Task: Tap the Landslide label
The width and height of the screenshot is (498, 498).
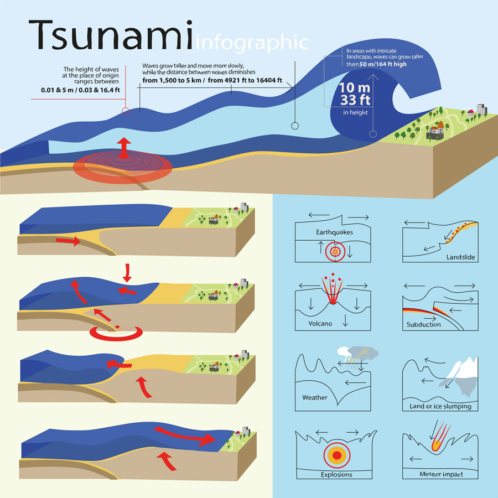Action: point(461,258)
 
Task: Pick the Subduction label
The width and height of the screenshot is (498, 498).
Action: point(424,324)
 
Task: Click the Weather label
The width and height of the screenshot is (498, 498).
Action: point(315,397)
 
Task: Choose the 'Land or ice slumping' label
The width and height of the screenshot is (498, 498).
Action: point(440,406)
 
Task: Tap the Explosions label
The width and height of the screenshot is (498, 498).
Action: point(336,474)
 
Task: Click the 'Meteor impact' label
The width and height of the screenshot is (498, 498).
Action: point(440,474)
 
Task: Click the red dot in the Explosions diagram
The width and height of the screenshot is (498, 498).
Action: point(336,455)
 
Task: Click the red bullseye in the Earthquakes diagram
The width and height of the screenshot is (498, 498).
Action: point(334,251)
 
